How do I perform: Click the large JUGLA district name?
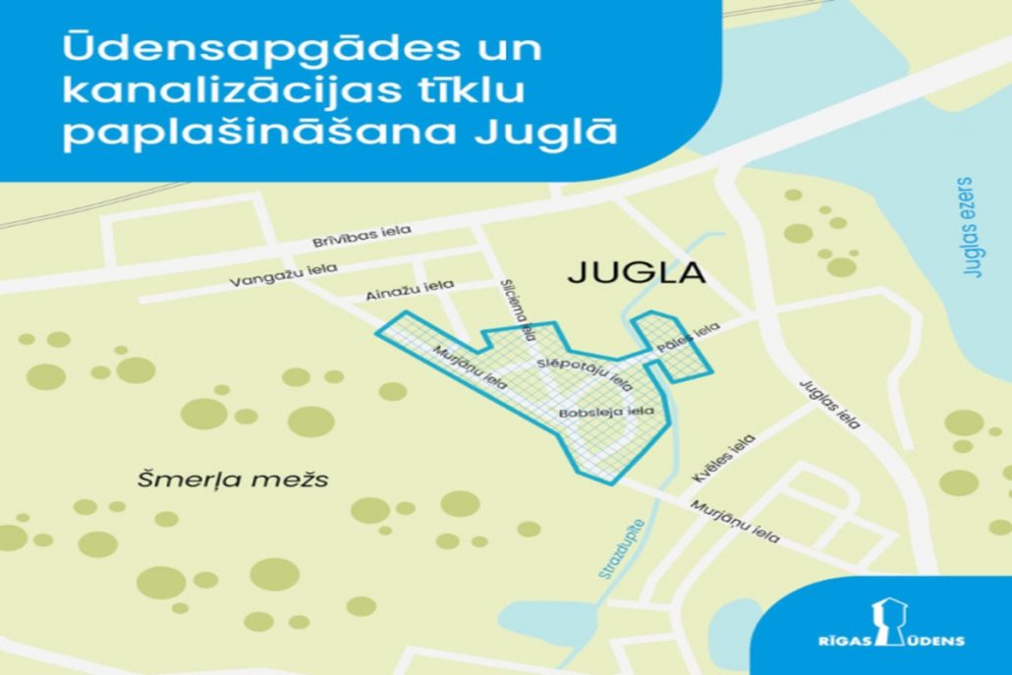637,272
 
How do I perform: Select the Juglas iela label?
831,404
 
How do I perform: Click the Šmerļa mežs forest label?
232,480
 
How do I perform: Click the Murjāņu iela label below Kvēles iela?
736,522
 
